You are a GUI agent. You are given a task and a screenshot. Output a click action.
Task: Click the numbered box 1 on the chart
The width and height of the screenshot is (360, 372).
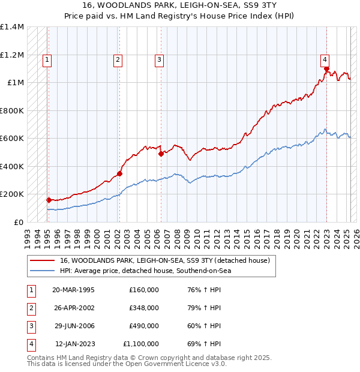click(x=47, y=59)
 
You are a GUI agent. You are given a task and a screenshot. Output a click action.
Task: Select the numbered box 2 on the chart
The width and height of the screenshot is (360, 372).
click(x=118, y=59)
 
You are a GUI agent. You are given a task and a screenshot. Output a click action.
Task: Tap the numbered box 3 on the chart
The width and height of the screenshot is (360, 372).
click(x=159, y=59)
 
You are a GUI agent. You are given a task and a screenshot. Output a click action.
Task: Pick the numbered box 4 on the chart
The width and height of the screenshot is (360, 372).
click(x=325, y=59)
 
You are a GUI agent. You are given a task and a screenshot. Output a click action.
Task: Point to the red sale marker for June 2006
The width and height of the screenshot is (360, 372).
click(x=161, y=154)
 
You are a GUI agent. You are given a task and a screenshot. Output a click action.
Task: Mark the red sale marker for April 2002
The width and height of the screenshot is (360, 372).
click(x=119, y=174)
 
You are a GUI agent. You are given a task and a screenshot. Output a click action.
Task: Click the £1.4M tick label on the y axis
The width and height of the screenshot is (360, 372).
click(x=12, y=28)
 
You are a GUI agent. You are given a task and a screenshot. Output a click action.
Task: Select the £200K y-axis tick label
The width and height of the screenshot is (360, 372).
click(x=12, y=194)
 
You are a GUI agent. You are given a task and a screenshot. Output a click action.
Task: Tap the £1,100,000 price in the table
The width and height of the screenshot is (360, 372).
click(x=141, y=344)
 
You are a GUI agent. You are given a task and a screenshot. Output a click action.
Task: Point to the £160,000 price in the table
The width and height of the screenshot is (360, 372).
click(x=144, y=290)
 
